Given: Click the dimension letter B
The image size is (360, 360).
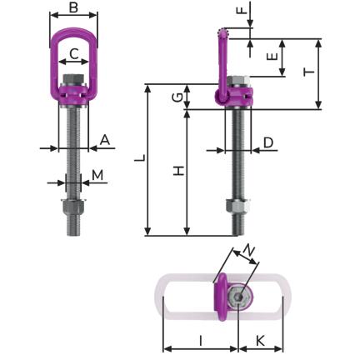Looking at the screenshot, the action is tap(73, 7).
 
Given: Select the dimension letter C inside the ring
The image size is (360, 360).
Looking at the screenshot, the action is tap(74, 54).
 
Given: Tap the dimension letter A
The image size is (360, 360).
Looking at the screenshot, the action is tap(105, 140).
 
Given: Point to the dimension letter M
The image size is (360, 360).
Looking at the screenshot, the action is tap(97, 175).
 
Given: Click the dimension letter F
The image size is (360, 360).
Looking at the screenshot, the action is tap(242, 10).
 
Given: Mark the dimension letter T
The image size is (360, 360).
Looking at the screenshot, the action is tap(309, 72).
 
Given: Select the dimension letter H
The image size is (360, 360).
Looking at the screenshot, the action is tap(178, 171).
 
